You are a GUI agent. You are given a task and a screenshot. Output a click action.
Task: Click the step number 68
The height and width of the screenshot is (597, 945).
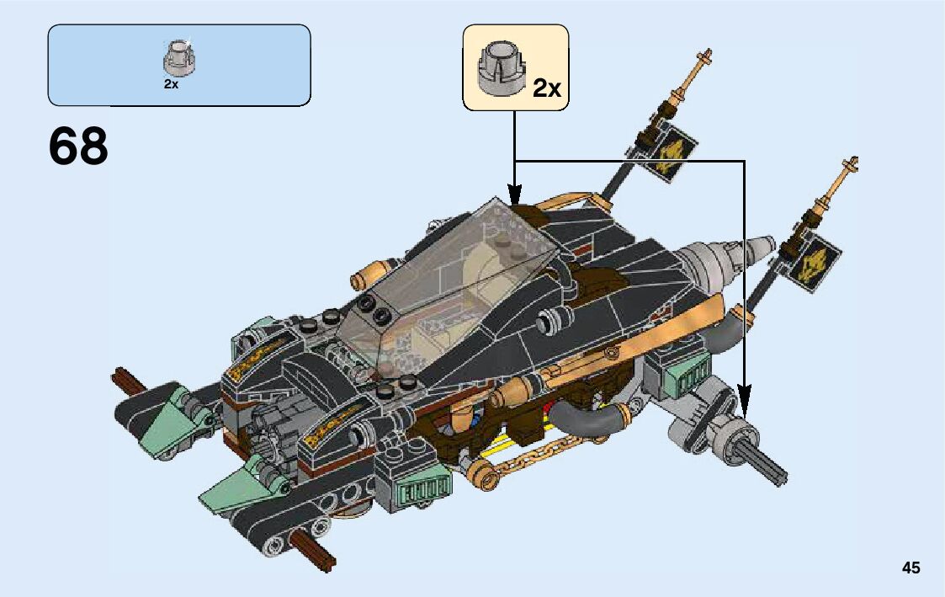pos(78,147)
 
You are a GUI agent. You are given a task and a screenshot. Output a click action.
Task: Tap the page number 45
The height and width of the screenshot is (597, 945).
pos(910,568)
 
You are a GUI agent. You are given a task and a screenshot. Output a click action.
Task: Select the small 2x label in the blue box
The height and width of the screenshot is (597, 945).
pos(171,84)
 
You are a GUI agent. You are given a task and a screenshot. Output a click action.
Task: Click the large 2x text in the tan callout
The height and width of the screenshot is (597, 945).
pos(547,88)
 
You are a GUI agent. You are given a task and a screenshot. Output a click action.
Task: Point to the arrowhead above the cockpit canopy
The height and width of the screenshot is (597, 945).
pos(514,192)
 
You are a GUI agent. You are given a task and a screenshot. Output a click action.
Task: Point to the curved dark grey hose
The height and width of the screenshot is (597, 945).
pos(589,421)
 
